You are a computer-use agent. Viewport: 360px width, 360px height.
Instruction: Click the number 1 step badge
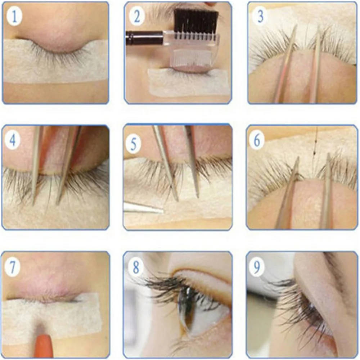click(14, 16)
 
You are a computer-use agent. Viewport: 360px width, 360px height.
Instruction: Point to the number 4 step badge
click(12, 140)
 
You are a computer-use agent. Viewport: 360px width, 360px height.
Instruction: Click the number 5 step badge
click(134, 144)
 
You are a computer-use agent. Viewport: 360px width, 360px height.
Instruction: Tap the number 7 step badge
click(12, 267)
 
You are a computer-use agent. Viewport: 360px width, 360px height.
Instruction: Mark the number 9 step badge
click(257, 267)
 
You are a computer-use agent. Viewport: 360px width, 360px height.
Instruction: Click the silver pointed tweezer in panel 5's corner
click(142, 207)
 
